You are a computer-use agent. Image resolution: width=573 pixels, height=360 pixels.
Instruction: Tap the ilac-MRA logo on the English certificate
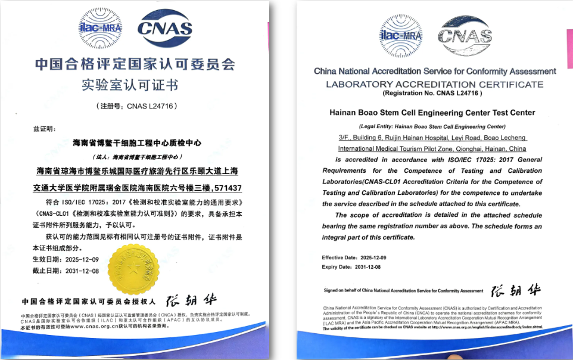pos(401,35)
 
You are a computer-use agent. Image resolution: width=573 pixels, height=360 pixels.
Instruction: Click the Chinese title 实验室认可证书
pos(130,85)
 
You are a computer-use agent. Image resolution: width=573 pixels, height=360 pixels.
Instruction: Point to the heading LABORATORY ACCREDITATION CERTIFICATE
pos(434,84)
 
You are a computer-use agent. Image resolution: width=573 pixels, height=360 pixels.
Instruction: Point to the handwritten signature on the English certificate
pos(516,290)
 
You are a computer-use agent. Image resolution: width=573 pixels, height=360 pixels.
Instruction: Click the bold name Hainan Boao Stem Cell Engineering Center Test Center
pos(432,113)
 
